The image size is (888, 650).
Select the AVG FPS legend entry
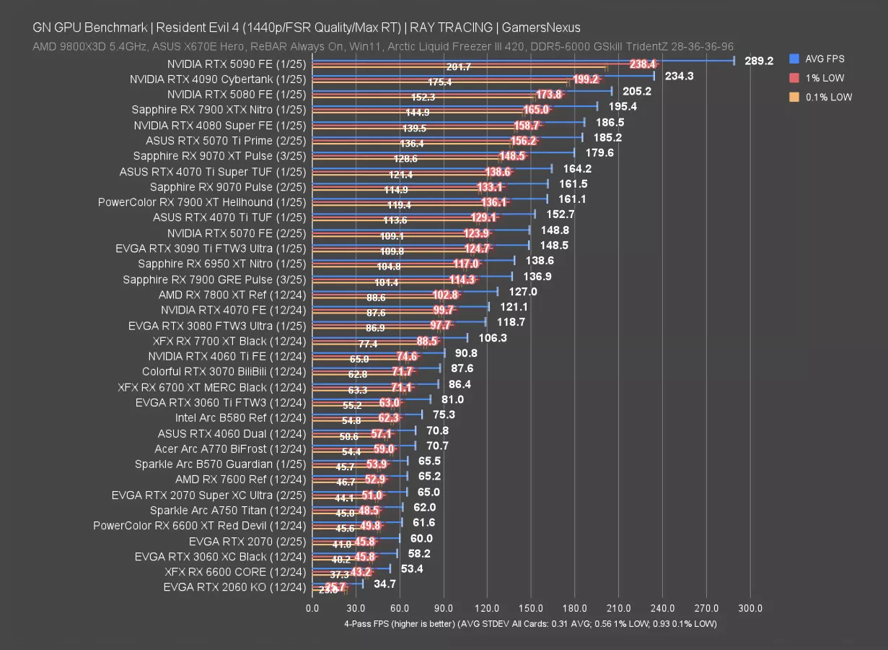click(825, 58)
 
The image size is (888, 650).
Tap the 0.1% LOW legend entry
click(829, 97)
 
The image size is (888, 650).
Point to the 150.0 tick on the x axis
click(531, 608)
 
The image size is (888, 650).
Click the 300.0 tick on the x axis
click(751, 608)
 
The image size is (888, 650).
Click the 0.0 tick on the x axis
click(312, 608)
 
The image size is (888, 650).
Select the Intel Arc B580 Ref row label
click(240, 417)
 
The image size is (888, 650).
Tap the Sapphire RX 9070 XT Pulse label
click(219, 156)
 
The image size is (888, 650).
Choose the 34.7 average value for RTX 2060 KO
click(384, 583)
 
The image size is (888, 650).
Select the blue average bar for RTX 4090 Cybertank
click(483, 75)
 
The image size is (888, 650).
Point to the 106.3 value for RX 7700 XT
click(493, 337)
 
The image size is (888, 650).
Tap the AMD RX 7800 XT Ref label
click(232, 295)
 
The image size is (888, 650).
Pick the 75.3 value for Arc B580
click(444, 414)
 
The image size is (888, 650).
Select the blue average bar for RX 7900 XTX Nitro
click(454, 105)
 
